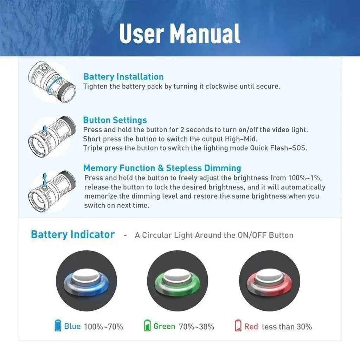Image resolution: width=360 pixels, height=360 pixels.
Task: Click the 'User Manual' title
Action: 180,33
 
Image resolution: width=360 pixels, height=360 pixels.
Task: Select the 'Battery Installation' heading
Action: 123,77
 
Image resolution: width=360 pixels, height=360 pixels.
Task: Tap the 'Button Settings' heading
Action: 115,120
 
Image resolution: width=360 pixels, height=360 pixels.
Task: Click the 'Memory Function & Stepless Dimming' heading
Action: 162,168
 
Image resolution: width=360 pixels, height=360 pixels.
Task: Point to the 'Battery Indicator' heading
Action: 73,234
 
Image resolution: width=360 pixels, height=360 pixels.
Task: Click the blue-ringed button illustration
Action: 86,281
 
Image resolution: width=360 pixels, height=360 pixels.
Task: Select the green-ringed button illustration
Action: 178,281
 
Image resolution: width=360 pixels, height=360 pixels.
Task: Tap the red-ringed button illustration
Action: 270,281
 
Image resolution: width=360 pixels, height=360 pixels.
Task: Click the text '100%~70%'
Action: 104,327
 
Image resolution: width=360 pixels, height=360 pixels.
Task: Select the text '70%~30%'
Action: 197,327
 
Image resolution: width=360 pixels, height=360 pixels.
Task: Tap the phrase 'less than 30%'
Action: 287,327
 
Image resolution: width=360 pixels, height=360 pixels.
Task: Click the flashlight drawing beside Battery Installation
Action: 52,82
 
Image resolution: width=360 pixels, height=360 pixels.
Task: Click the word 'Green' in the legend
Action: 165,326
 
